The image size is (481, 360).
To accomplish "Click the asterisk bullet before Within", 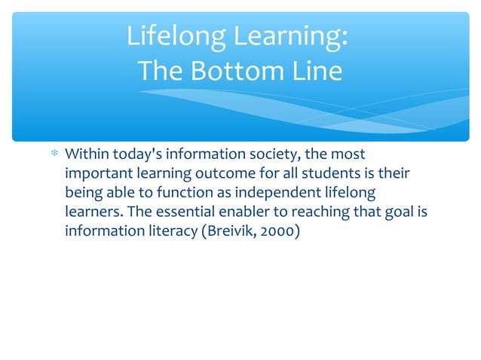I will point(54,156).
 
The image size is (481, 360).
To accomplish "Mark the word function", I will point(181,193).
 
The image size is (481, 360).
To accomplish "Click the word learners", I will point(90,212).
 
